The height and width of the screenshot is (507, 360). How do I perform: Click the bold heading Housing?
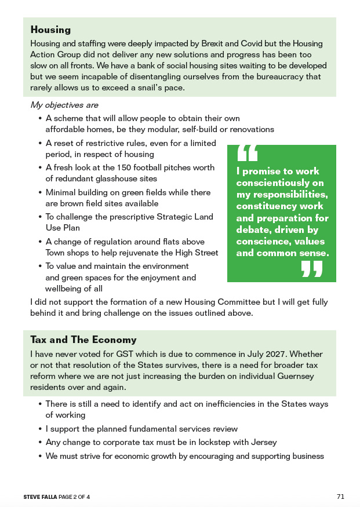click(50, 30)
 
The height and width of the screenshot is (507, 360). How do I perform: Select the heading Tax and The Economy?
click(83, 340)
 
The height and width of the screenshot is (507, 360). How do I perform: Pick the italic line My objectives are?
click(64, 105)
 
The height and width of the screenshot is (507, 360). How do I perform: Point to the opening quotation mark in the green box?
click(248, 153)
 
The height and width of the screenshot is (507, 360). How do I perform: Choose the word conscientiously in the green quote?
click(272, 183)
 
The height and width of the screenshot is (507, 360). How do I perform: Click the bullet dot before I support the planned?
click(40, 429)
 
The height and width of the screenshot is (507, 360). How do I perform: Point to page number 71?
click(340, 497)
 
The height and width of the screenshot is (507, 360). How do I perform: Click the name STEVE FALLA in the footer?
click(40, 497)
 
